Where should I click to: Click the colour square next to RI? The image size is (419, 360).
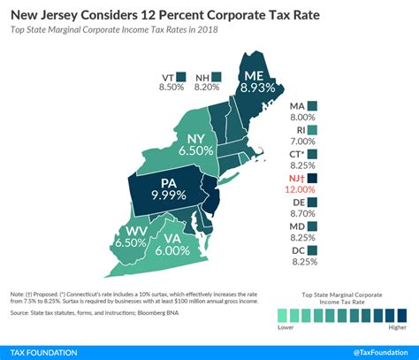click(312, 130)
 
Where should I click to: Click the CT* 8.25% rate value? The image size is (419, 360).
click(301, 165)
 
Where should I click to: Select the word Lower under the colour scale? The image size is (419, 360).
click(286, 327)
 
